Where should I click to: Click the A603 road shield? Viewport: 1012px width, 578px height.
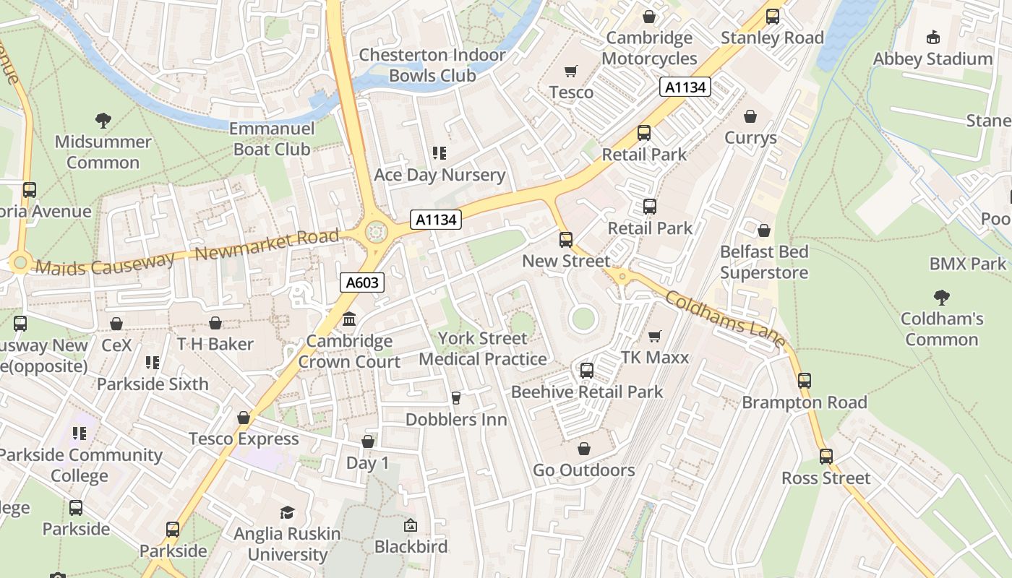tap(361, 282)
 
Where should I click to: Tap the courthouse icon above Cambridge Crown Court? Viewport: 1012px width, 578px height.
tap(349, 319)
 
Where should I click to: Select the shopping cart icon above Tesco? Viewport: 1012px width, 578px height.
tap(571, 71)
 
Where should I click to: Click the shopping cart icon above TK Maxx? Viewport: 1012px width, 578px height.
tap(655, 336)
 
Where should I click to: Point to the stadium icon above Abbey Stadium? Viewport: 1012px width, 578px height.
tap(932, 37)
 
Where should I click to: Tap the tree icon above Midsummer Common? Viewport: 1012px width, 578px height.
tap(103, 120)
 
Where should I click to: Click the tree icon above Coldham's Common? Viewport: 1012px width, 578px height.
tap(941, 296)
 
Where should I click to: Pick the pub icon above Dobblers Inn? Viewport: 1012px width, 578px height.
tap(455, 397)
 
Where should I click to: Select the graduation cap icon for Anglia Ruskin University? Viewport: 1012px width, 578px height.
tap(287, 512)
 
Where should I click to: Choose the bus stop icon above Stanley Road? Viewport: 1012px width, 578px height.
tap(773, 16)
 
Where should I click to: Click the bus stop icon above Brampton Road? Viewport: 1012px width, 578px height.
tap(805, 380)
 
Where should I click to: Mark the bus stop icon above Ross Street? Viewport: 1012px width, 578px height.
tap(826, 456)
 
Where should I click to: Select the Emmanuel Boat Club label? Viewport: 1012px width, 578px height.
tap(272, 139)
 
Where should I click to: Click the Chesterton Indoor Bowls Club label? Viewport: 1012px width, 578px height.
tap(432, 65)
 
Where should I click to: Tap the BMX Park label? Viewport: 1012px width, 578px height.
tap(968, 264)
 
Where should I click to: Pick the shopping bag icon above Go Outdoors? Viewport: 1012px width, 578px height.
tap(583, 449)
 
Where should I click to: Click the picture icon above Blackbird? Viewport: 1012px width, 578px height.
tap(411, 525)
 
